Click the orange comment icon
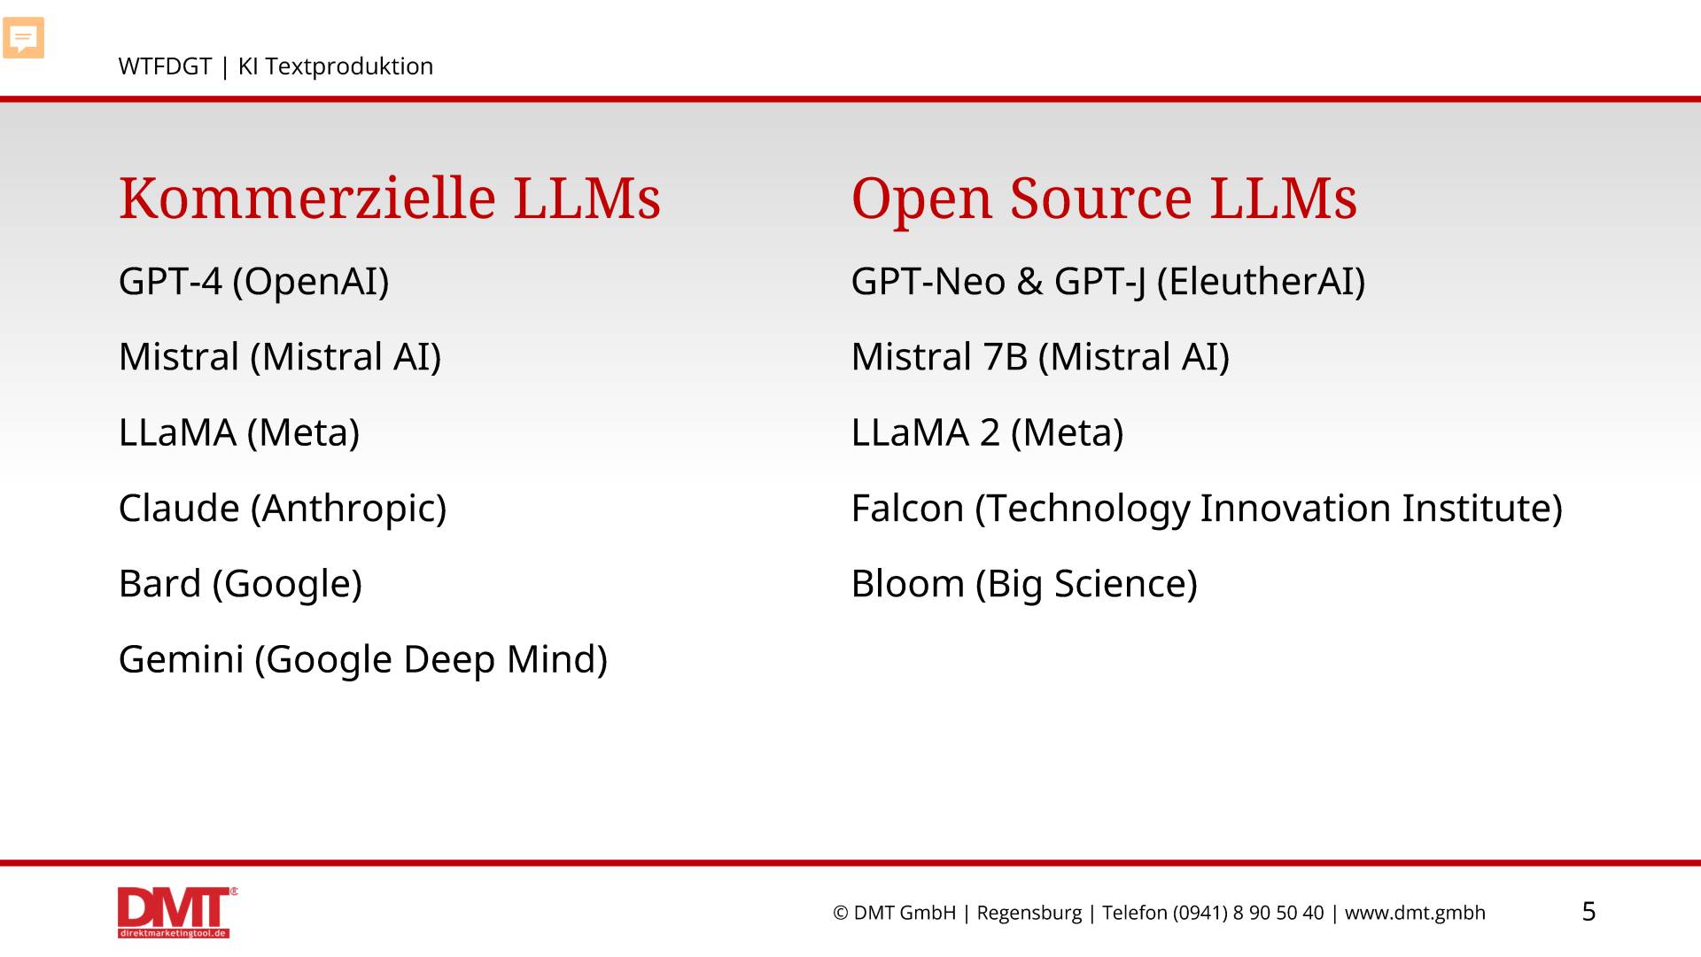24,38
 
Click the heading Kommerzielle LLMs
390,198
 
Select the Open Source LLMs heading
1104,198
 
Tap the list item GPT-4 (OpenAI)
254,282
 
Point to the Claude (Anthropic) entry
283,509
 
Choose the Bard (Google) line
241,584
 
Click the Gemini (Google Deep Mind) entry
363,660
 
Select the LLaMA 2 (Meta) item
987,433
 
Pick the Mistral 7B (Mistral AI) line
1040,357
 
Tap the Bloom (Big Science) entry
1024,584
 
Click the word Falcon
907,509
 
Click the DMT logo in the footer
177,912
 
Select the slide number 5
1589,912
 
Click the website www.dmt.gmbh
1415,914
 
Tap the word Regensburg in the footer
1029,914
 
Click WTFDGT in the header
165,66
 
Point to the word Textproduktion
349,67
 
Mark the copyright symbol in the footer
841,914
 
